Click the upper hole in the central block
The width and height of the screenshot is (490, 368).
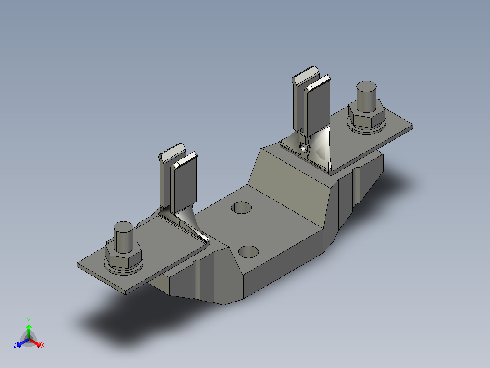click(x=241, y=208)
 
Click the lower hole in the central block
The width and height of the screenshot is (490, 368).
click(x=249, y=252)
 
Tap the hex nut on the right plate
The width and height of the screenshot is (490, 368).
click(x=366, y=115)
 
